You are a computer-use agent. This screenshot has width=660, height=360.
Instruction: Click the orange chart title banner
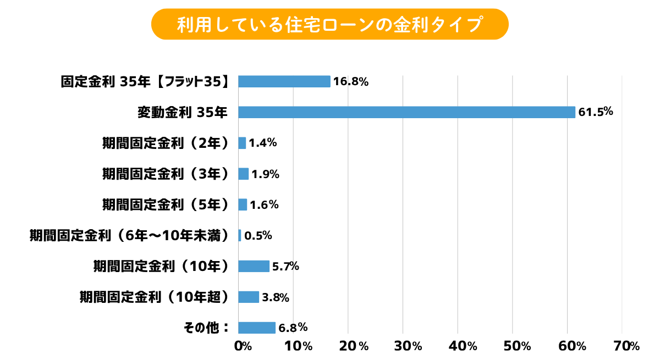pos(329,24)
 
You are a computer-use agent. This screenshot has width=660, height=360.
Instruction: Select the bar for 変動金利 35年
pos(406,112)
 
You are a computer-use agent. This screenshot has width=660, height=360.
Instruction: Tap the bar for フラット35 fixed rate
pos(284,81)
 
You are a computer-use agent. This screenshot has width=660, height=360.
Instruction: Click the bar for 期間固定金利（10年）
pos(254,266)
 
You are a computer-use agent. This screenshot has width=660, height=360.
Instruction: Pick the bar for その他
pos(256,328)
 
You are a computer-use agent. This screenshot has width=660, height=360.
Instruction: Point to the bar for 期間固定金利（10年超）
pos(248,297)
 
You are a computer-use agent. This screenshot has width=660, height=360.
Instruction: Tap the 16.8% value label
pos(350,82)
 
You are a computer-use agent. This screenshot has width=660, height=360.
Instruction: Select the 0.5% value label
pos(258,236)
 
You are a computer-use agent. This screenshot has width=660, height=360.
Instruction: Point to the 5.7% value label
pos(286,267)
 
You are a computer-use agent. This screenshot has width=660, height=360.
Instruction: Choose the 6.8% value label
pos(293,328)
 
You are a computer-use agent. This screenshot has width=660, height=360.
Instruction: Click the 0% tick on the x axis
pos(243,346)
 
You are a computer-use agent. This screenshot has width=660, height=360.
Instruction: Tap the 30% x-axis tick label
pos(408,346)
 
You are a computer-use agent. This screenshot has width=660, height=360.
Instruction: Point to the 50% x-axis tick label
pos(517,346)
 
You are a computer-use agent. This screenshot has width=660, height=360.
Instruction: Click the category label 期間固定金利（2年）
pos(165,143)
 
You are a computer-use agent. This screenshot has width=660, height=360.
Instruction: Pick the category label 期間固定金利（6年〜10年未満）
pos(129,236)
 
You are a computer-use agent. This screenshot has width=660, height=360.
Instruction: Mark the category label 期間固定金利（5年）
pos(165,205)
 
